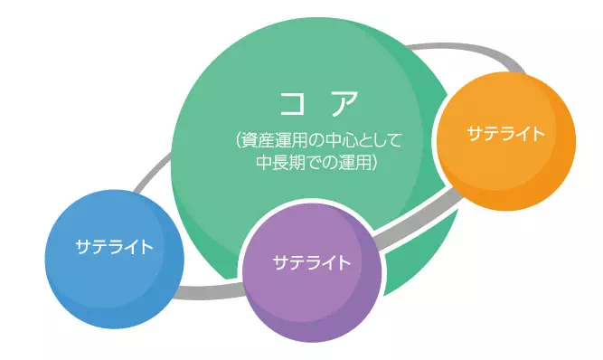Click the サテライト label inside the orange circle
[505, 134]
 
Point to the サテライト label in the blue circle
[113, 246]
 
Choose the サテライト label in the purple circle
[312, 263]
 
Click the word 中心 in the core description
[344, 142]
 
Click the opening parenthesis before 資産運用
[236, 142]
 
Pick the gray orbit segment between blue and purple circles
[212, 292]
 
